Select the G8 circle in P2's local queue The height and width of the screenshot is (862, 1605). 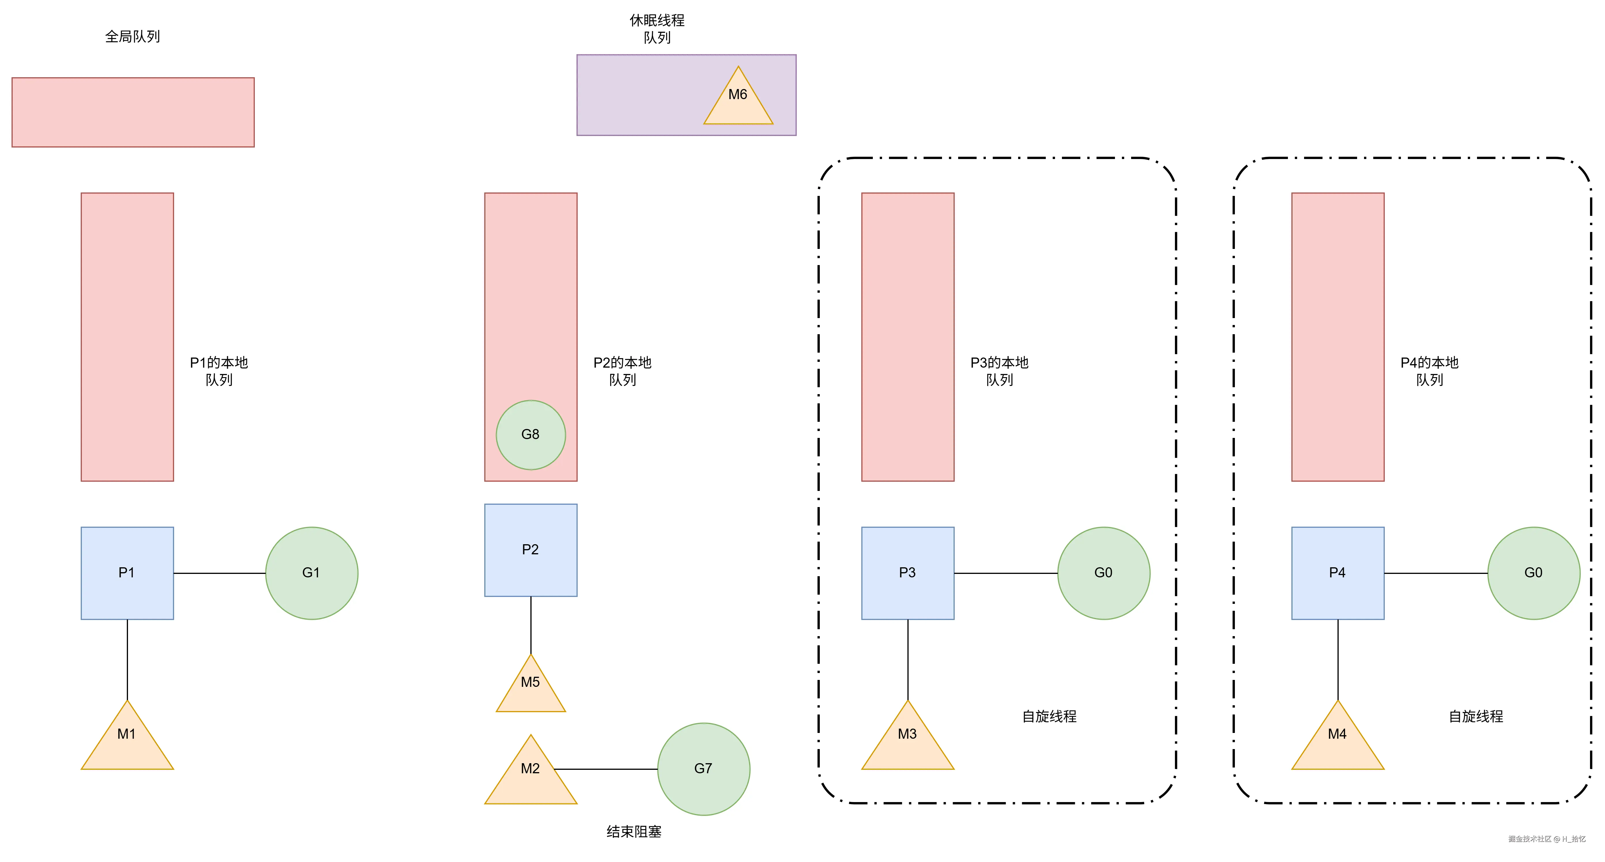click(x=530, y=435)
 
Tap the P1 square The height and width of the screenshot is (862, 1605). click(x=127, y=573)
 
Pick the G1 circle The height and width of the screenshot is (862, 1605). click(x=312, y=573)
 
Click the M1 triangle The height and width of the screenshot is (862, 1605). click(x=127, y=741)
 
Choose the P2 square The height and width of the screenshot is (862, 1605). click(x=530, y=550)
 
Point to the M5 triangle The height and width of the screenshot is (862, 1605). click(x=530, y=688)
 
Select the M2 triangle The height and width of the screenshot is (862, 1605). click(x=530, y=776)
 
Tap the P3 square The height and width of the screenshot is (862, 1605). click(x=907, y=573)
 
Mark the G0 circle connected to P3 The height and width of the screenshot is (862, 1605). click(x=1103, y=573)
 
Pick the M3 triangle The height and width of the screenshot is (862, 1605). click(x=907, y=741)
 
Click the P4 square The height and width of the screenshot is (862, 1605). click(x=1338, y=573)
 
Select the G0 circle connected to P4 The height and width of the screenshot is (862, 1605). click(x=1533, y=573)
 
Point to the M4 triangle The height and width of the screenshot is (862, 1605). click(x=1338, y=741)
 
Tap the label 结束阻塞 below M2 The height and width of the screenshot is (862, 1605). click(x=634, y=831)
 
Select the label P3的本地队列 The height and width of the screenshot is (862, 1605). click(x=999, y=371)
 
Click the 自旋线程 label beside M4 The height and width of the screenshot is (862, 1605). click(x=1475, y=716)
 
